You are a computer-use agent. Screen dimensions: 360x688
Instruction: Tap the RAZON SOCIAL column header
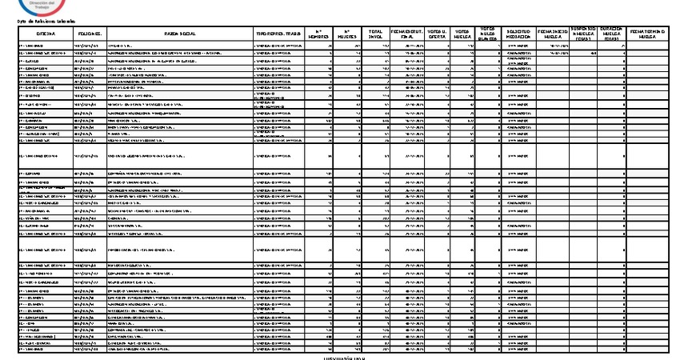180,34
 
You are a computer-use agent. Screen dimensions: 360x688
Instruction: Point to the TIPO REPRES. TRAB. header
278,34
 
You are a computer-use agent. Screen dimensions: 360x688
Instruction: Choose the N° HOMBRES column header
320,34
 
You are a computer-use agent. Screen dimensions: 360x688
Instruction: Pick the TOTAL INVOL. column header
375,34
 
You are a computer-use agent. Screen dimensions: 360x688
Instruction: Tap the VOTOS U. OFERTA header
437,34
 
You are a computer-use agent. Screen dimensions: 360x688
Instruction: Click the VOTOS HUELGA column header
462,34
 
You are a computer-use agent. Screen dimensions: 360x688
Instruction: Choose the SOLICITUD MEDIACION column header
520,34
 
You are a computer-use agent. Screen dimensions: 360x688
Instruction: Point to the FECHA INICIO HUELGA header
553,34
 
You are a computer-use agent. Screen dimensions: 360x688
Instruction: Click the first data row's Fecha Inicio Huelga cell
553,46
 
